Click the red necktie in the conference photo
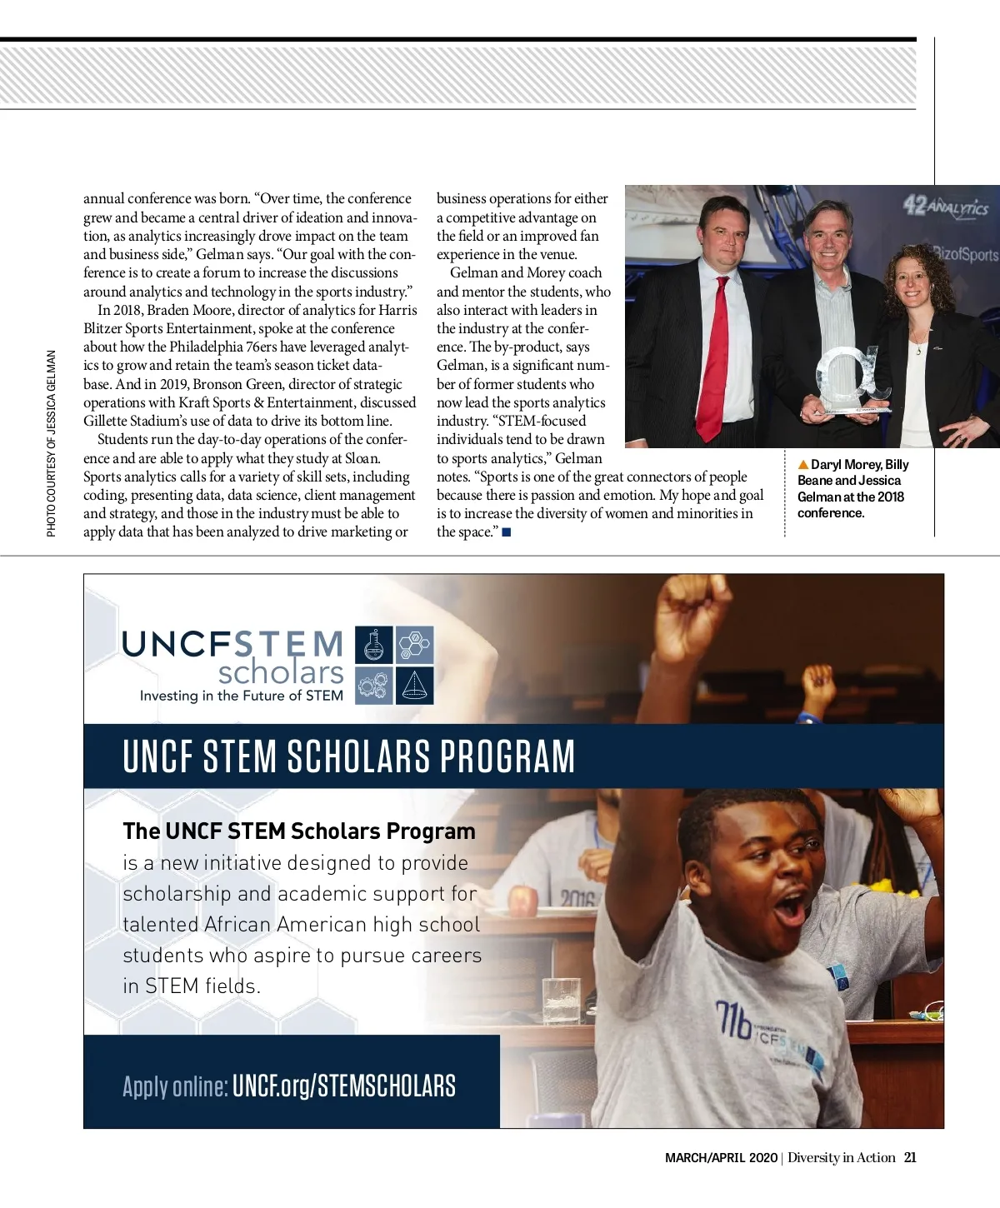(x=712, y=358)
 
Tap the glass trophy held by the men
(x=850, y=379)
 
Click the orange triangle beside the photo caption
(x=803, y=465)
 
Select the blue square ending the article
(x=507, y=532)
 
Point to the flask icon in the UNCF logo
(x=374, y=646)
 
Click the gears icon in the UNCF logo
(x=374, y=686)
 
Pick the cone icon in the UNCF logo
(x=414, y=686)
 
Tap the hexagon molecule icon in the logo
(x=414, y=646)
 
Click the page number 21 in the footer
(x=910, y=1157)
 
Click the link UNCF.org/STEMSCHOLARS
(x=344, y=1086)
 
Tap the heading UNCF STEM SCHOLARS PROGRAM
(x=348, y=756)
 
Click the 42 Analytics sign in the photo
(x=946, y=206)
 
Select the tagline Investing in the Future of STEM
(x=241, y=696)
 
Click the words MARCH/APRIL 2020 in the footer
(x=721, y=1157)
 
